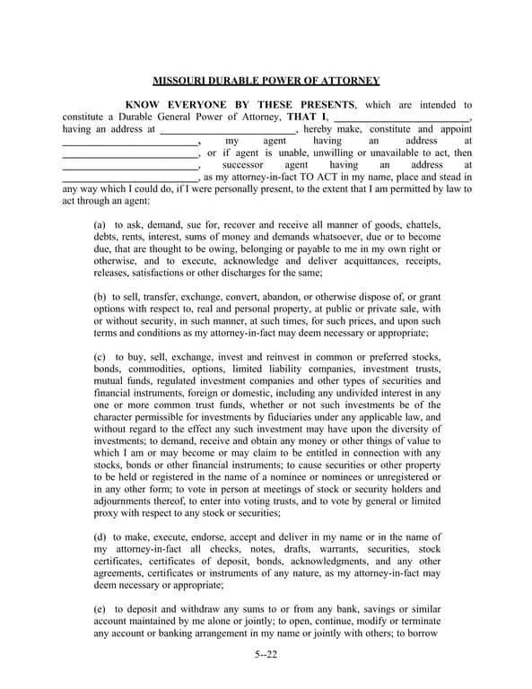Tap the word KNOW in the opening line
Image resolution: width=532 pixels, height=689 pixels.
[x=142, y=105]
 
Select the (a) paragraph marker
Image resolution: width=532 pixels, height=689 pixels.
[x=100, y=224]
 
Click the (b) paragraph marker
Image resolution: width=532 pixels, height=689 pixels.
[x=100, y=297]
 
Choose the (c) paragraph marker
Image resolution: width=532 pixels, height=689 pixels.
[x=100, y=358]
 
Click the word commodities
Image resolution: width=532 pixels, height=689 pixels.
[x=157, y=370]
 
